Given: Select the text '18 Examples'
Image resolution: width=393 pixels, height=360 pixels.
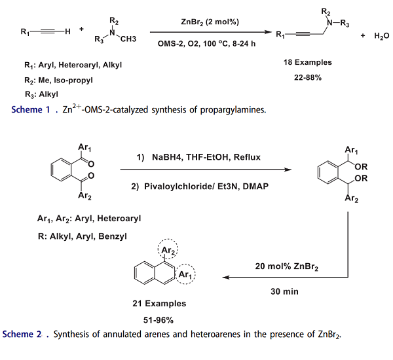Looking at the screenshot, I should [307, 63].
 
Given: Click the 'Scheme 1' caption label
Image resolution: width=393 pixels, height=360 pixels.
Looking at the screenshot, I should [31, 110].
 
